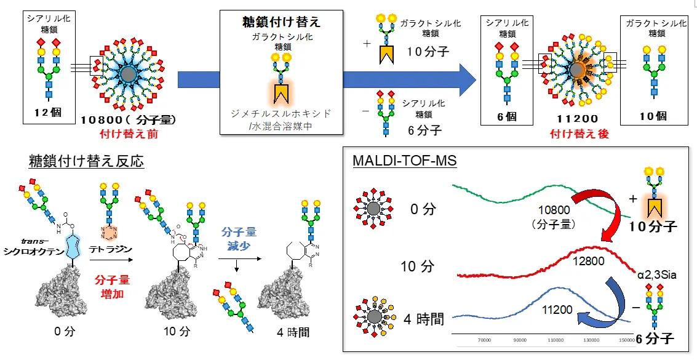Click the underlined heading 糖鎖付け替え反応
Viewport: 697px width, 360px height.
pos(86,162)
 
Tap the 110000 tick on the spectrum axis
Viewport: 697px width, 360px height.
pos(556,339)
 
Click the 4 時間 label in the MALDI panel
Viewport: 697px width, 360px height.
pos(424,320)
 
